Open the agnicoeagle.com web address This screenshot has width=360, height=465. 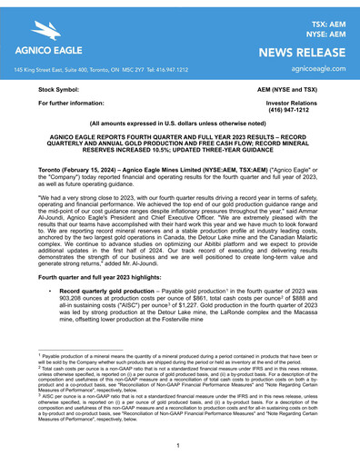click(x=312, y=69)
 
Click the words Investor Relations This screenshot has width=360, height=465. click(x=297, y=105)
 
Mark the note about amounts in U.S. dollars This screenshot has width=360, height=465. click(x=180, y=135)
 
